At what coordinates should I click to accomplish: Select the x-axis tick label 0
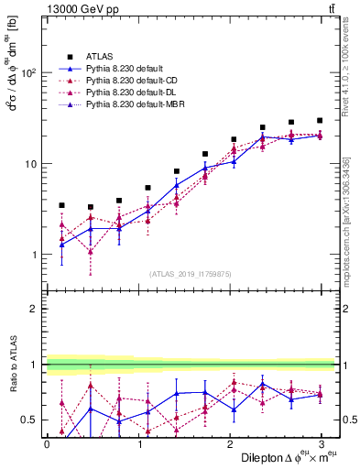(x=47, y=443)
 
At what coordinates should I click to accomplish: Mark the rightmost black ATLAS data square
(x=320, y=120)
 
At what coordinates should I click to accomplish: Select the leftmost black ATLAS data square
(x=61, y=205)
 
